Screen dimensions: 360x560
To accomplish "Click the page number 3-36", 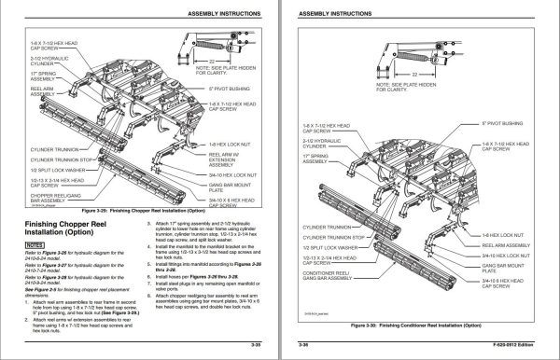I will point(303,346).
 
